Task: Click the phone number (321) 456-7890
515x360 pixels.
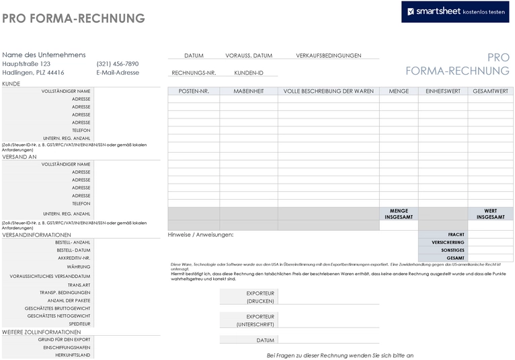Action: (x=118, y=64)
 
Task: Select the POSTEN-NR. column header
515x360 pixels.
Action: (x=194, y=91)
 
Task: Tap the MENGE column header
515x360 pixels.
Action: (x=399, y=91)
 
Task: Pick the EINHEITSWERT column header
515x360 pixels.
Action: (x=443, y=91)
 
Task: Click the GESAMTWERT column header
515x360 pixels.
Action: (x=490, y=91)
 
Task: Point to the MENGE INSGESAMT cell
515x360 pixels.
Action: (x=399, y=214)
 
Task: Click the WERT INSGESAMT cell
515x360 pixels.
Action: (x=490, y=214)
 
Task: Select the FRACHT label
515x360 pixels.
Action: (x=456, y=234)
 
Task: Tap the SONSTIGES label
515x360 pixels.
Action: (x=452, y=250)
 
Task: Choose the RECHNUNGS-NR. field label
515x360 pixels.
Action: (x=194, y=73)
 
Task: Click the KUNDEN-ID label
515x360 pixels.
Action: (x=249, y=73)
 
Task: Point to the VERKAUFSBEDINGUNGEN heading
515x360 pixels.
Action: (x=328, y=56)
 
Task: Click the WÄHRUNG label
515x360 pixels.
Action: (x=79, y=266)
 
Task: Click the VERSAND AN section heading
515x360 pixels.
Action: (x=19, y=157)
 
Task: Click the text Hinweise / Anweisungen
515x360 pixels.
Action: (x=200, y=234)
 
